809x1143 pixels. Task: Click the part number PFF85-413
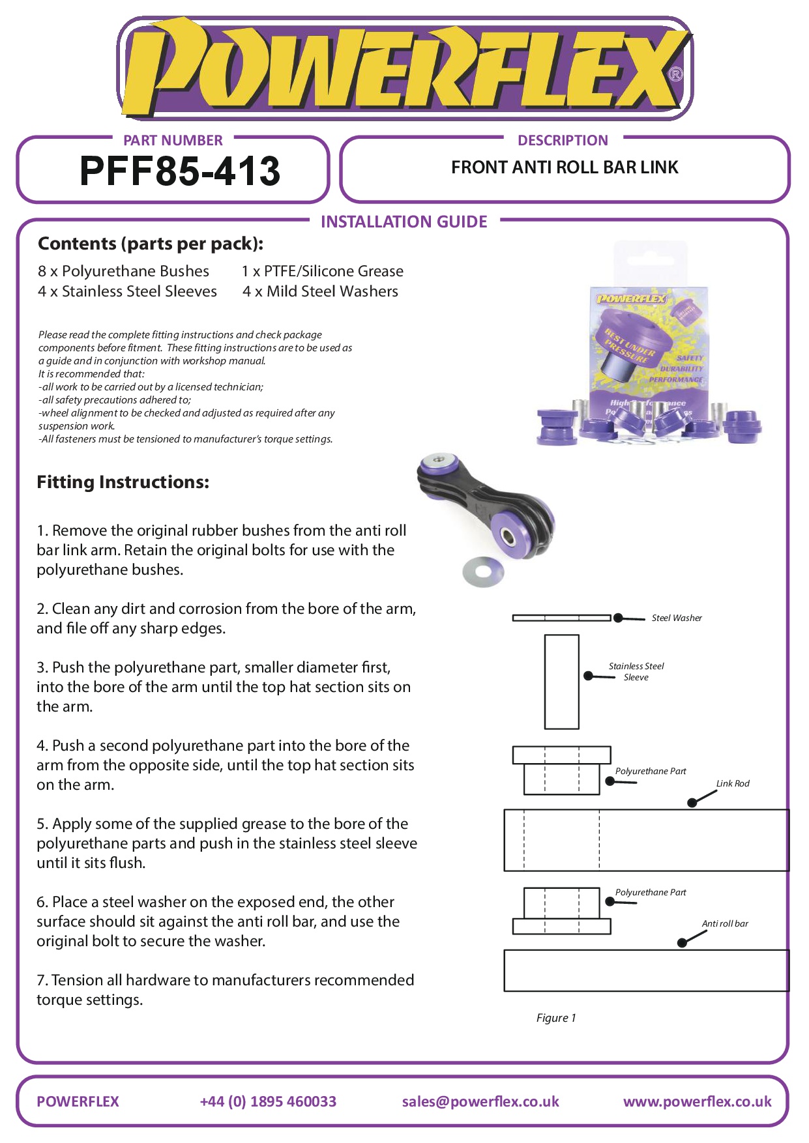pos(179,171)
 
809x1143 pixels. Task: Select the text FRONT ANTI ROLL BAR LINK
pos(565,167)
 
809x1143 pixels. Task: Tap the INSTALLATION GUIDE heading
pos(404,222)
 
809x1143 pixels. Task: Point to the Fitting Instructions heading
pos(123,482)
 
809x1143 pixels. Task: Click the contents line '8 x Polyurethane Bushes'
pos(123,271)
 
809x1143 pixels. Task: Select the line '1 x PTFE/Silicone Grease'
pos(322,271)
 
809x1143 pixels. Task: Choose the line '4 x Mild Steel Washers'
pos(320,291)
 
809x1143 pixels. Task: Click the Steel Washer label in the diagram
pos(677,618)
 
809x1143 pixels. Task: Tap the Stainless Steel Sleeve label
pos(636,671)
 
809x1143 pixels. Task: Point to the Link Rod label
pos(733,783)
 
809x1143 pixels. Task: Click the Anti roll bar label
pos(724,923)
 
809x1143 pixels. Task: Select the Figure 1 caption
pos(556,1018)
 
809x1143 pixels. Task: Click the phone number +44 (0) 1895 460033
pos(268,1101)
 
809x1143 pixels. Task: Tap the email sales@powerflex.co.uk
pos(480,1101)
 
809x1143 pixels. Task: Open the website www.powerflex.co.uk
pos(697,1101)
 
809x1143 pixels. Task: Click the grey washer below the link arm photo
pos(483,572)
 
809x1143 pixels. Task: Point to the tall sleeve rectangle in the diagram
pos(561,682)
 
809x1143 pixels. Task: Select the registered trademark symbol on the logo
pos(676,74)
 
